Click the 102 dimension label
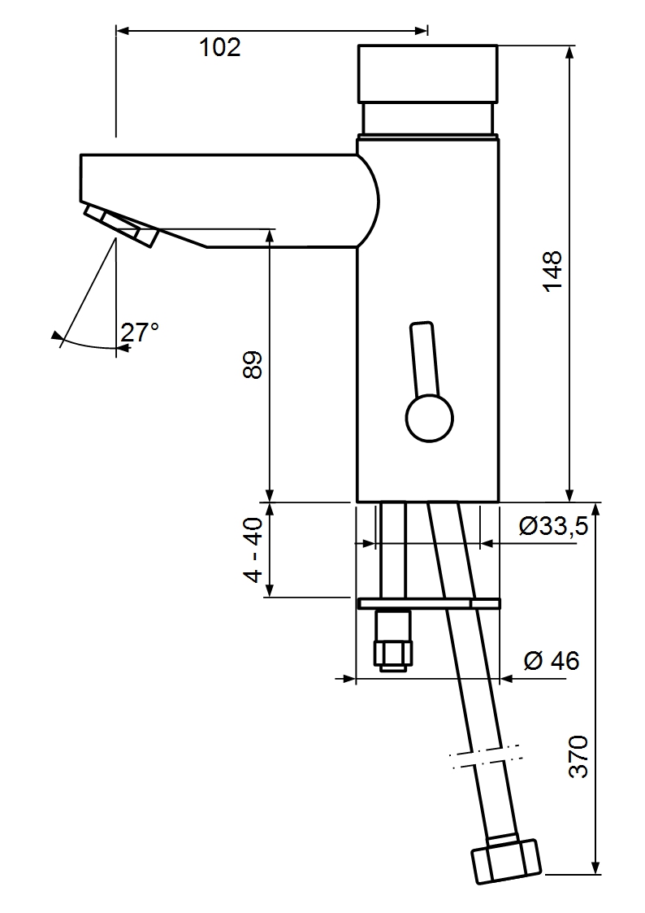point(220,48)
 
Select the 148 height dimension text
point(552,272)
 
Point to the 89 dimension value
point(252,365)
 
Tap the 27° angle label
point(140,332)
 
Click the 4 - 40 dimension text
point(253,550)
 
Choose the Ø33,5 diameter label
point(553,527)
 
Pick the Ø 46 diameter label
point(552,661)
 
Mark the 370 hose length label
point(578,757)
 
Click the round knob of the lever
point(429,419)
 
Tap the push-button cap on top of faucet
point(427,73)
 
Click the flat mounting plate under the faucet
point(428,603)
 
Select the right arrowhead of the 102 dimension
point(422,31)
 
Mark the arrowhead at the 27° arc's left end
point(55,335)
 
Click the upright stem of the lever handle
point(424,358)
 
